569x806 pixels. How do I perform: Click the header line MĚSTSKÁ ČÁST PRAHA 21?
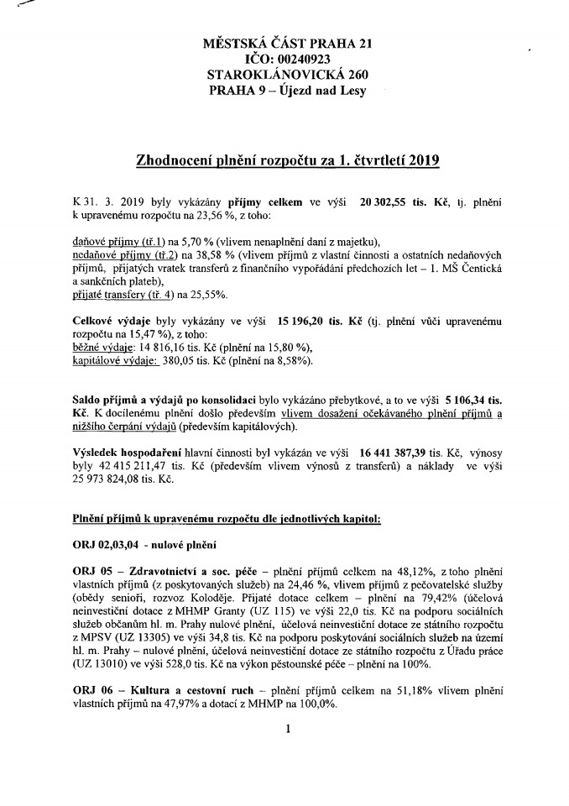click(x=284, y=43)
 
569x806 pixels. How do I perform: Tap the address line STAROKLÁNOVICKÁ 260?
click(x=284, y=75)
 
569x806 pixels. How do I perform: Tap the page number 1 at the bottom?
click(x=287, y=730)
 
